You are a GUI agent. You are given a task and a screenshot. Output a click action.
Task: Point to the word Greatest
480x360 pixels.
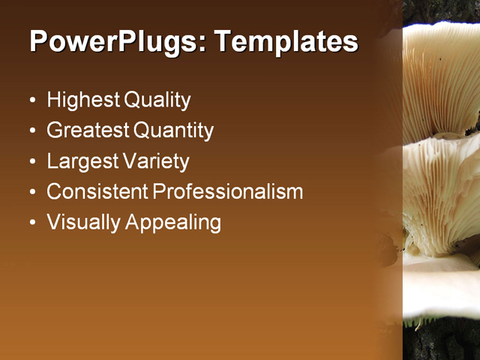(x=87, y=130)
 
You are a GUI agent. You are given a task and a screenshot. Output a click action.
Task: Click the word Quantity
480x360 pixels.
(x=174, y=130)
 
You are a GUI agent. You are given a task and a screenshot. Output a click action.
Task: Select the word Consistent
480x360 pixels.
(x=97, y=192)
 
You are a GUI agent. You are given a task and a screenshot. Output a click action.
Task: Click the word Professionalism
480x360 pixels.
(x=228, y=192)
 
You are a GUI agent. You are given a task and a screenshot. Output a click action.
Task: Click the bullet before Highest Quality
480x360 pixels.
(x=31, y=100)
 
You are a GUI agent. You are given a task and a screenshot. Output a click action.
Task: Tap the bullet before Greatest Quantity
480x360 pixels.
(x=31, y=131)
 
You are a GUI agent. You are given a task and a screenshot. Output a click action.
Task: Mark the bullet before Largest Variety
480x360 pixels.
(x=31, y=162)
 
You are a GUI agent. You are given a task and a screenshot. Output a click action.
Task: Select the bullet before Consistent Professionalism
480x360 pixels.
(x=31, y=193)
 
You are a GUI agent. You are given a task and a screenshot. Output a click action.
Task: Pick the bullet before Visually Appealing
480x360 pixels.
(x=31, y=223)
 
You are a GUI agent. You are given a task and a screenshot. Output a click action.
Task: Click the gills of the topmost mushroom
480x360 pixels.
(x=442, y=82)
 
